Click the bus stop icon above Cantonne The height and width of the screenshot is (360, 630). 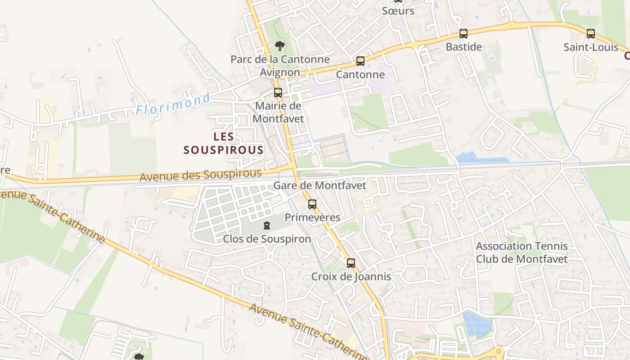(x=360, y=61)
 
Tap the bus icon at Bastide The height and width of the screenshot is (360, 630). (x=463, y=33)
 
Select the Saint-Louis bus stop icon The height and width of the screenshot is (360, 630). (x=591, y=34)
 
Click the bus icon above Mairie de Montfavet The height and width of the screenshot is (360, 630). (x=278, y=93)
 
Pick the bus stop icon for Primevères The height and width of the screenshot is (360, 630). (x=312, y=204)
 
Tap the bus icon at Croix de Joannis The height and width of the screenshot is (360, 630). (x=351, y=263)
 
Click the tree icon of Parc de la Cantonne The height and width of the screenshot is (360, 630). (x=280, y=45)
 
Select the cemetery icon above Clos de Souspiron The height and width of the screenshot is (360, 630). (x=267, y=225)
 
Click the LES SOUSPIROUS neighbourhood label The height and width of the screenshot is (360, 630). (x=223, y=143)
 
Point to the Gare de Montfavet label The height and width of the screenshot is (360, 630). (x=319, y=185)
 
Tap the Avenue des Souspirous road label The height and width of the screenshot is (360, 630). (x=200, y=175)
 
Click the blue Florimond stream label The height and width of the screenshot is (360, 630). (x=173, y=103)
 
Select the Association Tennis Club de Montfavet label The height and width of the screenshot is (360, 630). (x=522, y=252)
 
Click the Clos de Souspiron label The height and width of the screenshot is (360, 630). (x=267, y=239)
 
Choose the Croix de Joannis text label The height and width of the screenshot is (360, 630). (x=351, y=276)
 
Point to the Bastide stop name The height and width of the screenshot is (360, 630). (x=463, y=47)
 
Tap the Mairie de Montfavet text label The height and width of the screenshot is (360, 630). (x=278, y=112)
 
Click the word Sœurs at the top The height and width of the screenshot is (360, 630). (x=398, y=11)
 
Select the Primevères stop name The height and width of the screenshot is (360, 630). (x=312, y=217)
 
